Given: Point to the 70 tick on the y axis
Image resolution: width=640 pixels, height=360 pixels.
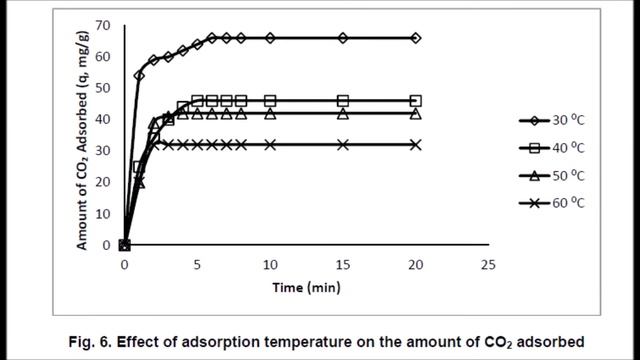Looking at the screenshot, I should pos(104,24).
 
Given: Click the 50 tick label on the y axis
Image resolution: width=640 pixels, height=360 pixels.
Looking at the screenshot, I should pos(104,87).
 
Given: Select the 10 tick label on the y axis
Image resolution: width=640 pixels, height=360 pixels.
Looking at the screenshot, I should pos(104,213).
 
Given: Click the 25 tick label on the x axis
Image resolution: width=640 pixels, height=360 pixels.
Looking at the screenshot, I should pos(488,265).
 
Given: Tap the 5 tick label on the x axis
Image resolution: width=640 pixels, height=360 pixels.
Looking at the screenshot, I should pos(197,265).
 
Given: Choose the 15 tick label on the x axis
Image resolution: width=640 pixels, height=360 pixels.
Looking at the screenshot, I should pos(343,265).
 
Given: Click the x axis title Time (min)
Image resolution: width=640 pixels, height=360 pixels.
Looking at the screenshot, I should pos(306,288).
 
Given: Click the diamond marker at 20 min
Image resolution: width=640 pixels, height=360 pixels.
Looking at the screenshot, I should pos(416,38).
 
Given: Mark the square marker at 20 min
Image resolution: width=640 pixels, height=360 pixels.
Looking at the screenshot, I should pos(416,101).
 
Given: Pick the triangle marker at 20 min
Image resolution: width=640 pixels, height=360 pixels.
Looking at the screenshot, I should pos(416,113).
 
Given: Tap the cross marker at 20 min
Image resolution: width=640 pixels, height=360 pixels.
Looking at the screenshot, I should pos(416,144).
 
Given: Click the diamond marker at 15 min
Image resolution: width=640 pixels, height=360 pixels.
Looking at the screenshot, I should pos(343,38).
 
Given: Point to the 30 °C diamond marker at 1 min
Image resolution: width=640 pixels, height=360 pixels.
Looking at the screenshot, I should pos(139,75).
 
